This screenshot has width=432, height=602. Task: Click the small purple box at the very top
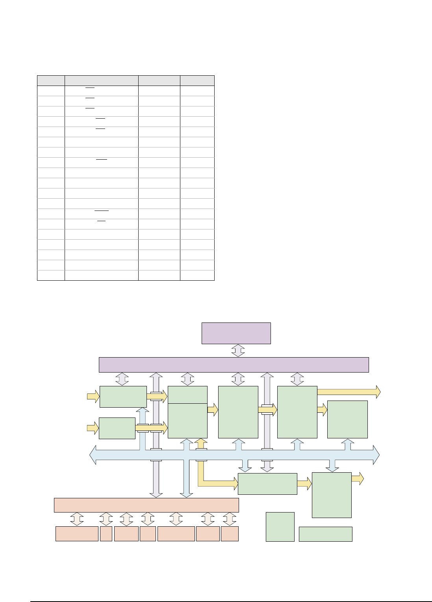236,333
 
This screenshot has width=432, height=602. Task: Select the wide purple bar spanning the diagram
234,365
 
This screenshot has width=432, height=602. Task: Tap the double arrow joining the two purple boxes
238,350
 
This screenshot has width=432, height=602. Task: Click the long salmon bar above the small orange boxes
146,505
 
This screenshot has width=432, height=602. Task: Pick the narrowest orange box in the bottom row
106,534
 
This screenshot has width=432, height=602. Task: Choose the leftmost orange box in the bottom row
77,534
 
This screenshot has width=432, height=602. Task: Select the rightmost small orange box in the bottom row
230,534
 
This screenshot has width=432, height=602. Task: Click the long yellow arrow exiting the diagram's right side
349,392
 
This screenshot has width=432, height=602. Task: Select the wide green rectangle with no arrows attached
325,534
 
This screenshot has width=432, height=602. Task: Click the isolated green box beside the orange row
280,527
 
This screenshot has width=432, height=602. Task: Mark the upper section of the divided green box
187,395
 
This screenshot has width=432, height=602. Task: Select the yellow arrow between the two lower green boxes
304,484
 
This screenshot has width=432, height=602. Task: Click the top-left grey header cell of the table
51,80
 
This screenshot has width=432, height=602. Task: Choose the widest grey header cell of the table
101,80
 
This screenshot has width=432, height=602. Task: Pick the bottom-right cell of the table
197,275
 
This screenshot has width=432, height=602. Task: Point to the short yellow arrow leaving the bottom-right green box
357,479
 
